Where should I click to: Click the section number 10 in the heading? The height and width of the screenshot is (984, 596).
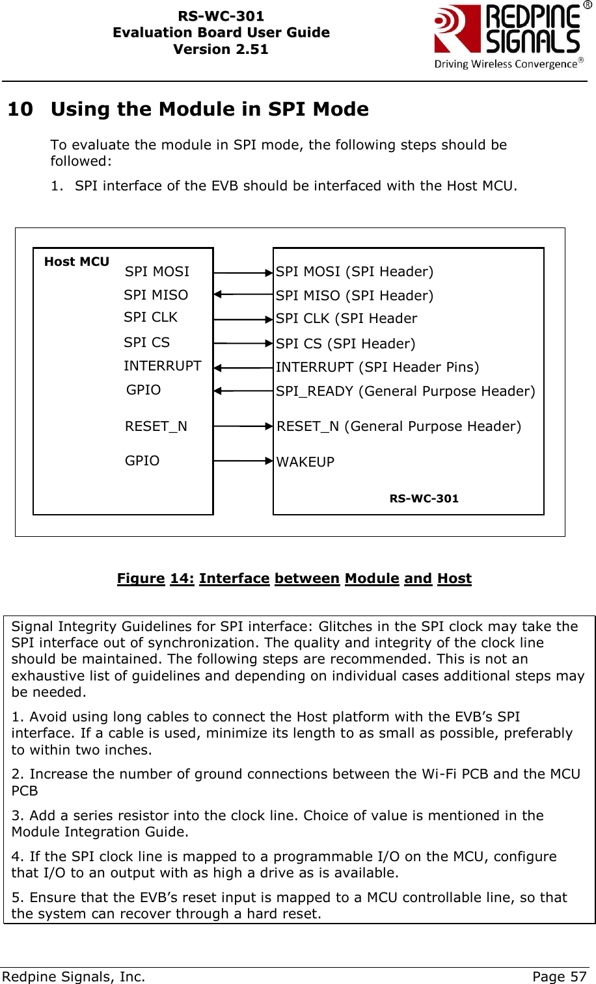(20, 109)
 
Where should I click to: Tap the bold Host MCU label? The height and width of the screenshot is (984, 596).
(77, 262)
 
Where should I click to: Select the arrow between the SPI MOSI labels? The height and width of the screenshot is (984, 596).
(243, 274)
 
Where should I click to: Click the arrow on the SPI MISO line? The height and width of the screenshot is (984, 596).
(243, 294)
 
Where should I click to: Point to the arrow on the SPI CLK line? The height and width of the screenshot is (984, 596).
(243, 319)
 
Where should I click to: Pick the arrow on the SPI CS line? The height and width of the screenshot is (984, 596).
(243, 343)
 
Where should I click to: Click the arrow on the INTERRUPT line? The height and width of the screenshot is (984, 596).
(243, 368)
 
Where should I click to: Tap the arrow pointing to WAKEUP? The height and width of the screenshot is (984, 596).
(243, 461)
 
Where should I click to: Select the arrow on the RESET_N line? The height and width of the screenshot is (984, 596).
(243, 426)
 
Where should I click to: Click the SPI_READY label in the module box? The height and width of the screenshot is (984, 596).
(314, 391)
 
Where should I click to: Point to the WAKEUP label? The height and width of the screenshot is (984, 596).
(305, 462)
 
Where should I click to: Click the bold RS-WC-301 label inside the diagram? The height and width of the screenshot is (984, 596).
(424, 498)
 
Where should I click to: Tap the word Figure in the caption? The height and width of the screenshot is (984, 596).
(141, 578)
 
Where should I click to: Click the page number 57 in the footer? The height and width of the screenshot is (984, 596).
(578, 976)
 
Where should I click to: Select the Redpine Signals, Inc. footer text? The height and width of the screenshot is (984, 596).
(74, 976)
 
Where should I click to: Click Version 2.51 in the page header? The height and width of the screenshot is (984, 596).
(221, 49)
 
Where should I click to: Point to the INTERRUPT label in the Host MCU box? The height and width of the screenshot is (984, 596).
(163, 366)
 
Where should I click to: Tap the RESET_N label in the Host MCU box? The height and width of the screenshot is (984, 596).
(156, 426)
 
